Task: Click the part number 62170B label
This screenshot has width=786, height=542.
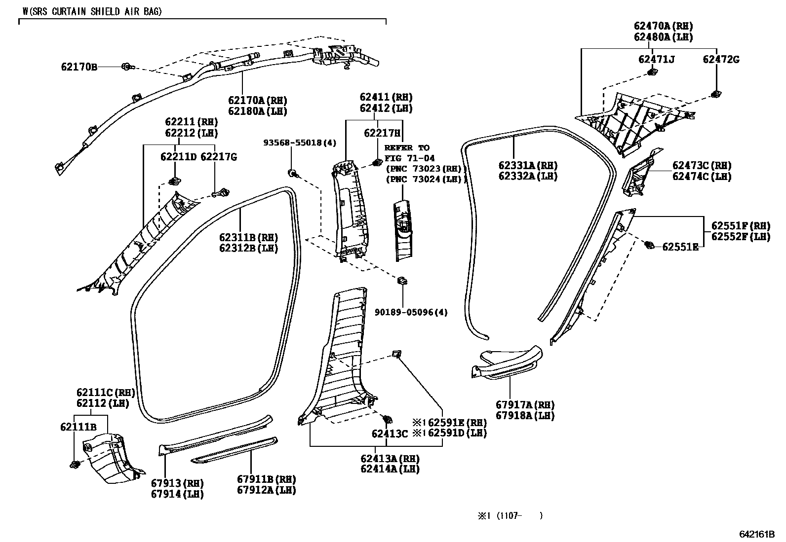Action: point(79,67)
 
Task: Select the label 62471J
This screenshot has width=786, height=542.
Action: point(656,60)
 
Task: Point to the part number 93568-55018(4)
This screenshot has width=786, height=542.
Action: point(300,143)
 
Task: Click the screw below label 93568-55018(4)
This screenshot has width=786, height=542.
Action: point(293,173)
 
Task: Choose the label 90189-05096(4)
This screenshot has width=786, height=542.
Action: point(411,312)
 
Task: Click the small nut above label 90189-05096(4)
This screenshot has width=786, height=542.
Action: point(402,281)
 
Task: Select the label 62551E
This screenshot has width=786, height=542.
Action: point(680,247)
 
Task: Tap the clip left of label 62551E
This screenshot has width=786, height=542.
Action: point(650,244)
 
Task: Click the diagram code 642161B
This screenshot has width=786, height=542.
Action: point(757,534)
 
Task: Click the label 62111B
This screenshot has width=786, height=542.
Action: point(79,427)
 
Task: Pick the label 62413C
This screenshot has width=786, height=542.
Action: point(390,434)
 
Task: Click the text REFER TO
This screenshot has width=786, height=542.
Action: point(407,147)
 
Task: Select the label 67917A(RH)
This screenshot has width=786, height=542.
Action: point(525,405)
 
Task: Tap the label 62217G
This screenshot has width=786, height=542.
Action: point(219,157)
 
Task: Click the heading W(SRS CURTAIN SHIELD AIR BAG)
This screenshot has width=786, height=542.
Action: point(92,11)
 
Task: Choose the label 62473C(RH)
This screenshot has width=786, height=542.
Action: point(702,166)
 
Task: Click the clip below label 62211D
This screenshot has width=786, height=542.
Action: point(174,181)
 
